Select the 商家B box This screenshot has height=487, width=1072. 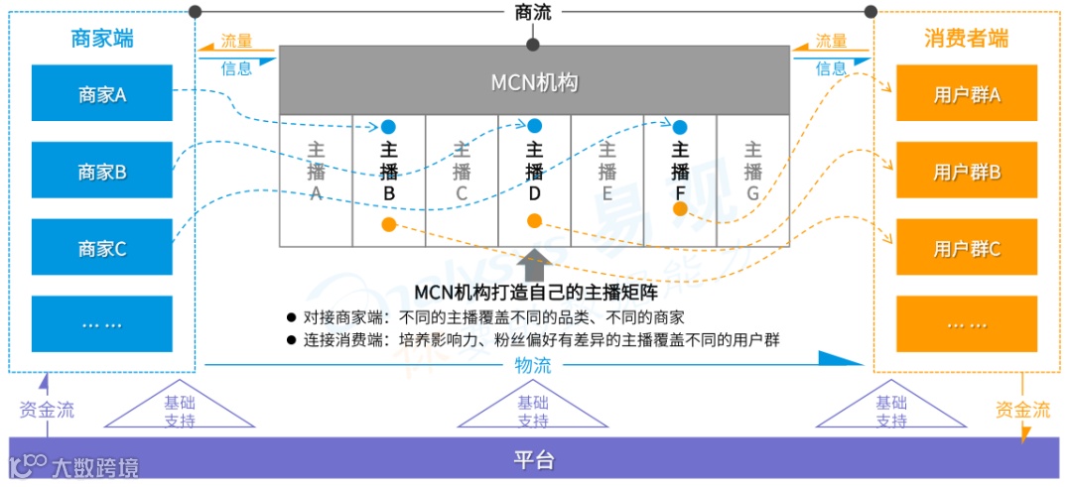click(x=102, y=171)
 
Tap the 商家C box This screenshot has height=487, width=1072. click(x=102, y=248)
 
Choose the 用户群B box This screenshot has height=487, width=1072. click(x=967, y=171)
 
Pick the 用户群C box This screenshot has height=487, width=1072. click(x=967, y=248)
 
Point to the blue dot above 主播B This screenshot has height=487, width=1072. click(x=388, y=127)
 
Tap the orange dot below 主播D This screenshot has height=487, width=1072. click(x=534, y=220)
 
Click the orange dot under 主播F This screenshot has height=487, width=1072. click(x=680, y=208)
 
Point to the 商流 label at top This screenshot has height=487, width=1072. click(x=533, y=12)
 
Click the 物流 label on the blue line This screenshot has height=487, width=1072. click(x=533, y=365)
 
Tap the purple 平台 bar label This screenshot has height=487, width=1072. click(x=533, y=460)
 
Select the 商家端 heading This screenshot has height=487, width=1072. click(x=102, y=39)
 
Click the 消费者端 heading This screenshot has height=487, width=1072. click(x=966, y=39)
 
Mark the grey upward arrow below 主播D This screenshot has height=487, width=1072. click(x=534, y=265)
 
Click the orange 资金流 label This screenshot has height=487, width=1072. click(x=1022, y=409)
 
